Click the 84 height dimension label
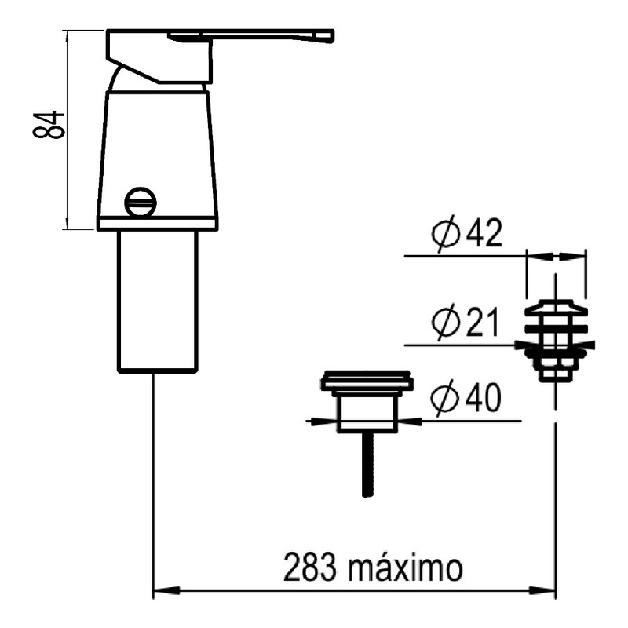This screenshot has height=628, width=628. pyautogui.click(x=49, y=126)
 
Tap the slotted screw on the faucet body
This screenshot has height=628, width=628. pyautogui.click(x=141, y=203)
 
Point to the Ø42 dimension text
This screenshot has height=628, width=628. pyautogui.click(x=466, y=233)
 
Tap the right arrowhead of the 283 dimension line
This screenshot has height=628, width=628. pyautogui.click(x=542, y=590)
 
